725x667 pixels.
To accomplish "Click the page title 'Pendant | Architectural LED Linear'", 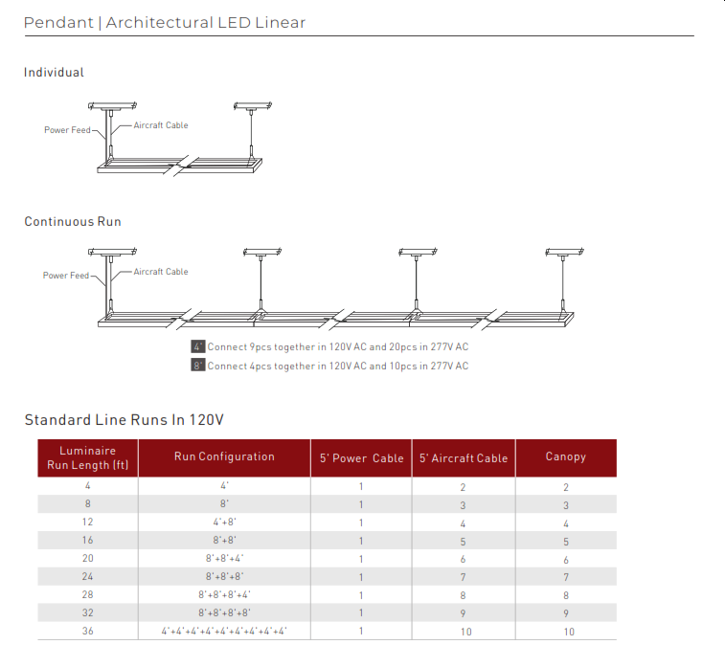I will click(165, 22).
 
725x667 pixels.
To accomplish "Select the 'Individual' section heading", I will click(54, 73).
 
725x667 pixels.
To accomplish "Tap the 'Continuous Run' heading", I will click(73, 222).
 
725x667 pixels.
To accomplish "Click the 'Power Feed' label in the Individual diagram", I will click(67, 130).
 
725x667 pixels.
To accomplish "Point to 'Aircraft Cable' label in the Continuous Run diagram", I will click(161, 272).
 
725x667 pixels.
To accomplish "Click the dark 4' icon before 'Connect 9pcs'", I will click(198, 346).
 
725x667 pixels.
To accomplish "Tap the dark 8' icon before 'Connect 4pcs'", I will click(198, 366).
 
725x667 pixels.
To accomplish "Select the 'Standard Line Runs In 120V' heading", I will click(124, 420).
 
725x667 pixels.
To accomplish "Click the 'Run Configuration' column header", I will click(224, 457).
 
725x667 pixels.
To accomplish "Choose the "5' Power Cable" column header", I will click(361, 458).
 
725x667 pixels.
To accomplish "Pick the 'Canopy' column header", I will click(565, 457).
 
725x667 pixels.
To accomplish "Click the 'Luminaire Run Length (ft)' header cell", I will click(87, 457).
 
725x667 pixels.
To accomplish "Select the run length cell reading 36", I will click(87, 631).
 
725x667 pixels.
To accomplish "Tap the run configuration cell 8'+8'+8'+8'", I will click(224, 612).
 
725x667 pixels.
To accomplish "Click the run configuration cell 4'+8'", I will click(224, 522).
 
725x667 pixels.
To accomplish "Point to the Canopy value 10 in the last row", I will click(569, 632).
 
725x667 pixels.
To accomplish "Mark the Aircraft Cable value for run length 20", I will click(463, 559).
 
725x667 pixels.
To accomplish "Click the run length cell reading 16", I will click(87, 541).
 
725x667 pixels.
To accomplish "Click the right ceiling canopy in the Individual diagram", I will click(252, 105).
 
